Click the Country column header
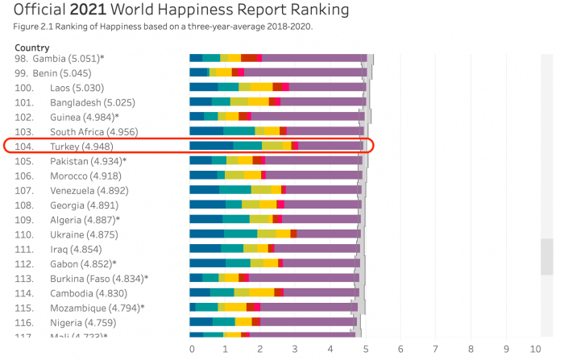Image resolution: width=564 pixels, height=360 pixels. click(x=32, y=48)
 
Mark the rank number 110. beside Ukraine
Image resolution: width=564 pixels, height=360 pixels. click(x=24, y=234)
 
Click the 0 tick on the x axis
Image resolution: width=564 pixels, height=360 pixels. click(x=192, y=349)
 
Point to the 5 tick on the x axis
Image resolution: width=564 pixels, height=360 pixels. click(x=365, y=349)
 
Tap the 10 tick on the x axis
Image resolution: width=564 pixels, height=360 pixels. click(x=541, y=349)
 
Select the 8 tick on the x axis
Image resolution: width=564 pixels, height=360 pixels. click(x=470, y=349)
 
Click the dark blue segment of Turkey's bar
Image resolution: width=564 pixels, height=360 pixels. click(x=211, y=146)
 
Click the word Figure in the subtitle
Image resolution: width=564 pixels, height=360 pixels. click(x=28, y=26)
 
